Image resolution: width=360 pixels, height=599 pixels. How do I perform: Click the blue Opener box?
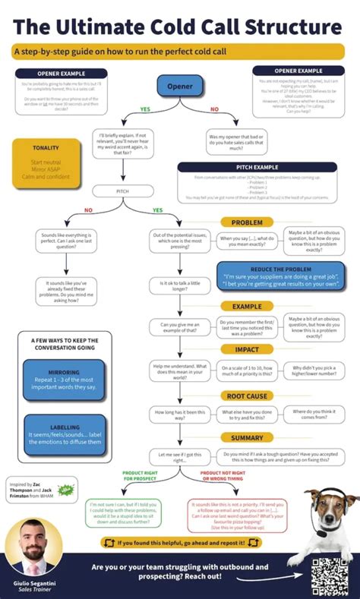pos(179,86)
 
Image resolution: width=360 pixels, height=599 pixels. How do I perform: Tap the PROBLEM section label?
pos(247,222)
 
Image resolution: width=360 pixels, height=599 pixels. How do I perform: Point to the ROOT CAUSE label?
pos(247,396)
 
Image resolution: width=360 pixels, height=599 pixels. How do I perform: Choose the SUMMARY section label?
pos(247,437)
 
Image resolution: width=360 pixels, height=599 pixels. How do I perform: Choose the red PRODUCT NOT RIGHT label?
pos(223,476)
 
